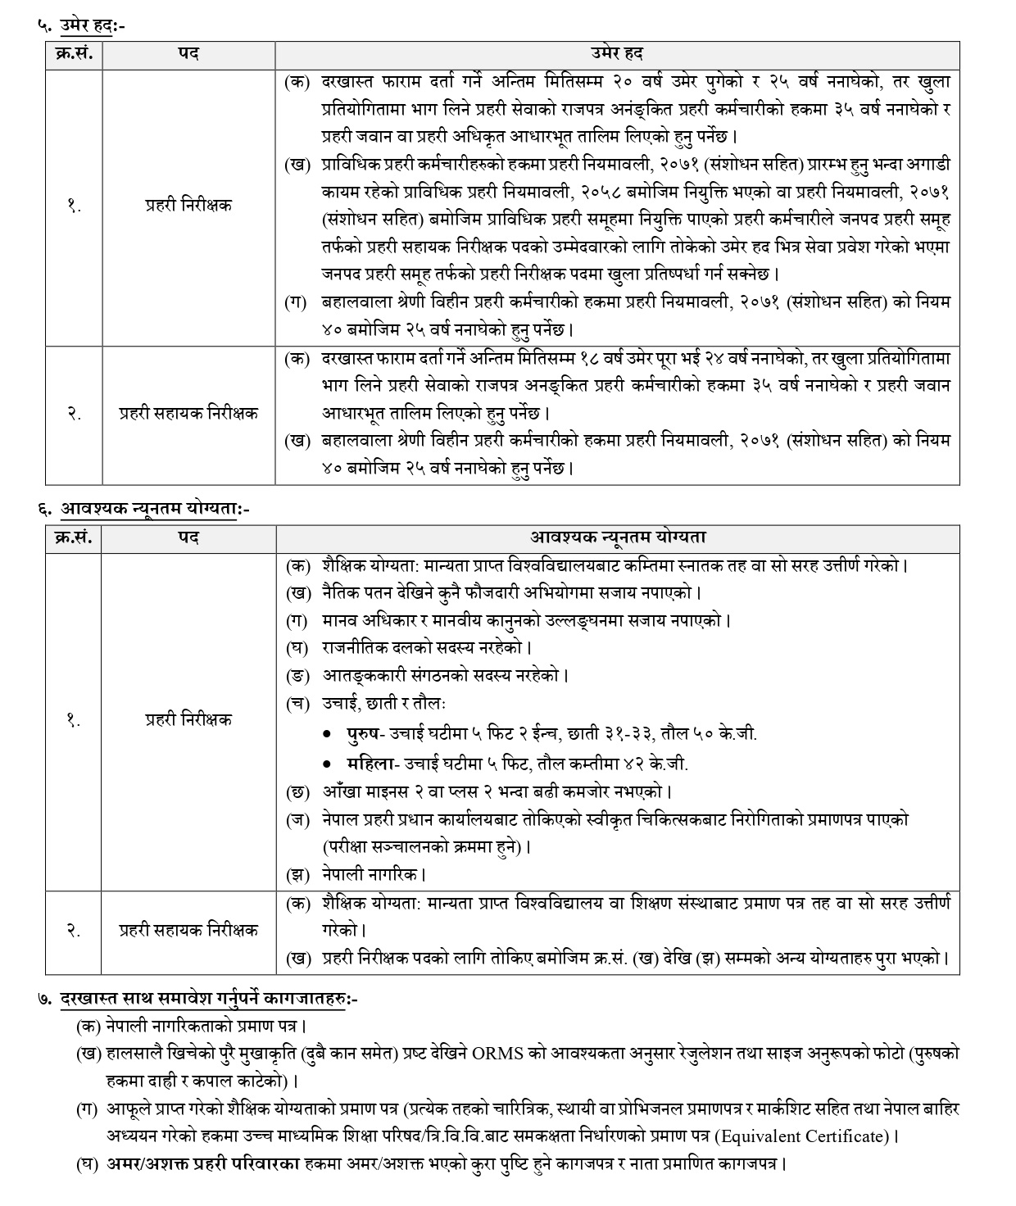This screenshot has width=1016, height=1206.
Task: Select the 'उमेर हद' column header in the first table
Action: point(616,54)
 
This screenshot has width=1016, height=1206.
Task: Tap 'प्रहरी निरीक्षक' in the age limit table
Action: point(188,206)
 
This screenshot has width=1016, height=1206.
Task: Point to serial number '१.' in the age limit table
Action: point(74,206)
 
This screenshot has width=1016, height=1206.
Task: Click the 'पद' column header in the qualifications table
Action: point(188,538)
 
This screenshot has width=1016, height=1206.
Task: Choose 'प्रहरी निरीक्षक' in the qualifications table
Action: point(188,719)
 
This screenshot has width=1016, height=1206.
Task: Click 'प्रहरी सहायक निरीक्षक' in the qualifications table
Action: point(188,930)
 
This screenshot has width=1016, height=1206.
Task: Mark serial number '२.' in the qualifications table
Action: point(74,930)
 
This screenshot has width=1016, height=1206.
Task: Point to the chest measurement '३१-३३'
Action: point(606,733)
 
